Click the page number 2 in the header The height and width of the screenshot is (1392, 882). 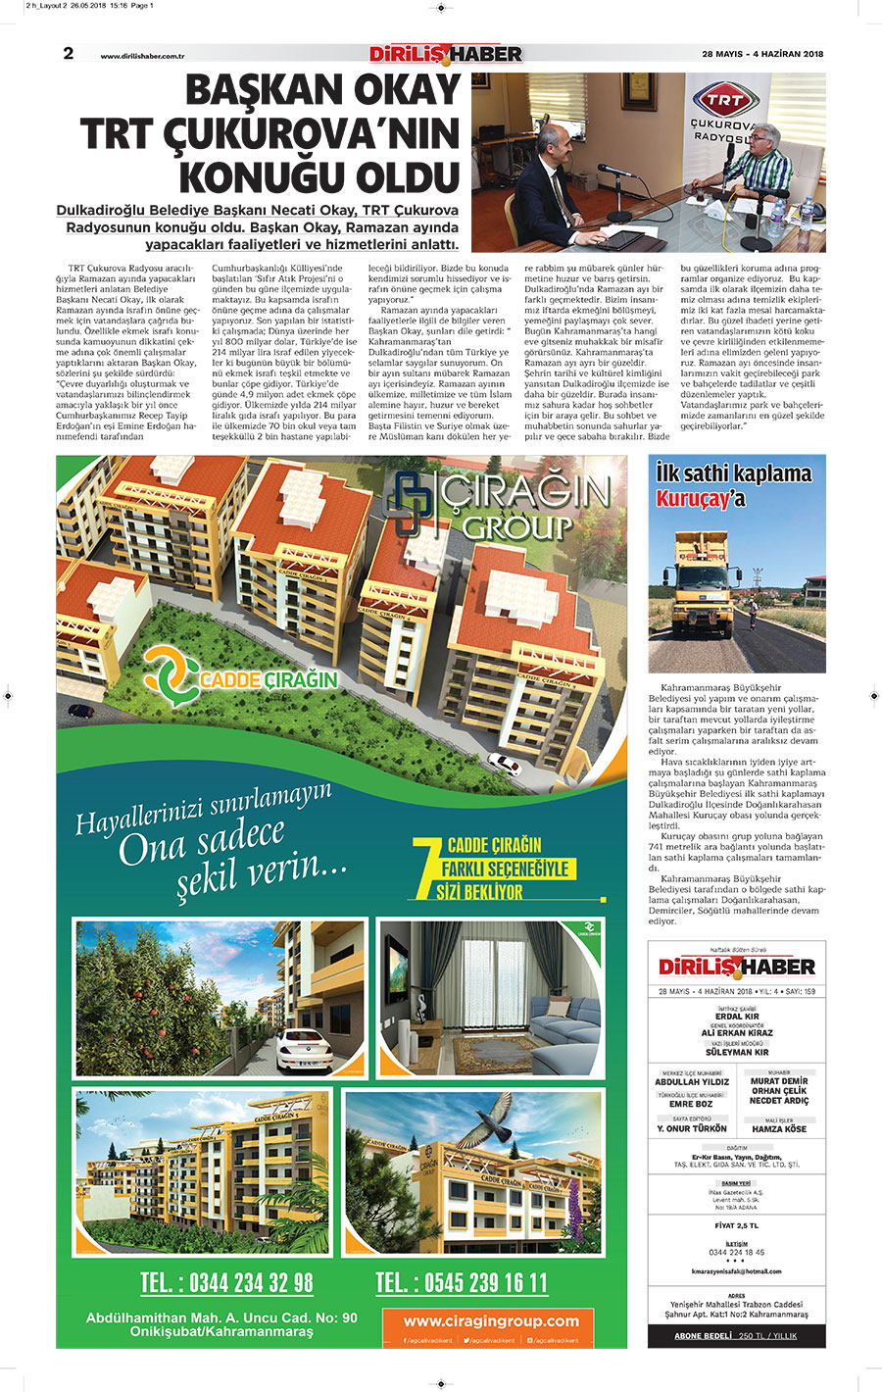69,53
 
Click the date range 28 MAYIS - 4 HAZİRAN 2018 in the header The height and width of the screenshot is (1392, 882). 762,54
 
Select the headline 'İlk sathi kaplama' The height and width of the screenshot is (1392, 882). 734,473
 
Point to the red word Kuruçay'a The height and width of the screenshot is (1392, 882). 701,498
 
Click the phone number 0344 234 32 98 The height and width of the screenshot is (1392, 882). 226,1282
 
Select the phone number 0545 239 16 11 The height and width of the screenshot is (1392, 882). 462,1282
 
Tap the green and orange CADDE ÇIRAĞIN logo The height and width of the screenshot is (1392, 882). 241,677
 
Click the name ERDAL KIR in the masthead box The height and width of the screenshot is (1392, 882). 737,1017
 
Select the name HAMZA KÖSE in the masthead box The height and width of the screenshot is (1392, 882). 779,1129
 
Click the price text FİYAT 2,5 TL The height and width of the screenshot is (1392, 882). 736,1225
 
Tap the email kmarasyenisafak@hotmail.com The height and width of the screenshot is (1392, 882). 736,1271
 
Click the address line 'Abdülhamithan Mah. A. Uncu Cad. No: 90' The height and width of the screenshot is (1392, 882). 221,1317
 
